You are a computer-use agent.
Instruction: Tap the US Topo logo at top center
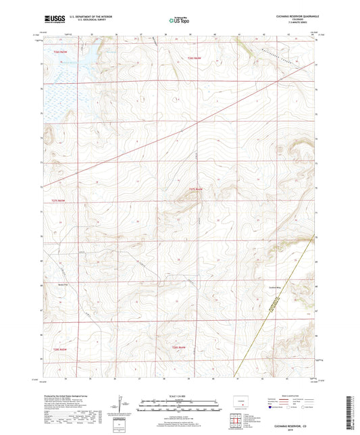click(x=178, y=21)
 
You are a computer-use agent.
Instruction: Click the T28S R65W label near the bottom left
click(x=60, y=349)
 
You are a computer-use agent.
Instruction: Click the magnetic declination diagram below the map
click(x=120, y=405)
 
